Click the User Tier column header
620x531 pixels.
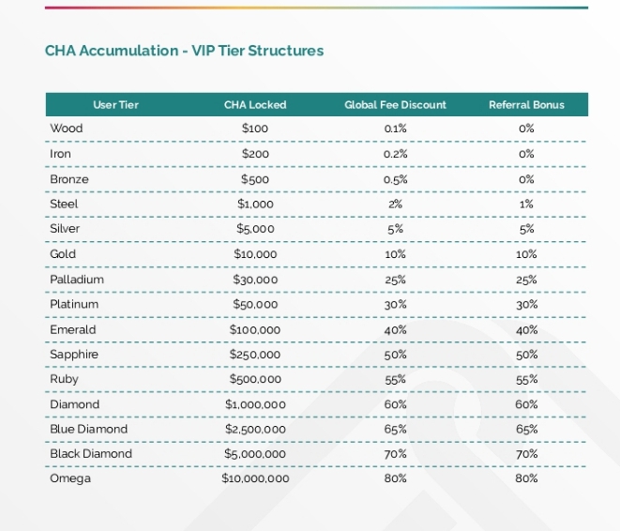click(x=115, y=105)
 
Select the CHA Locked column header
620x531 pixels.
click(x=255, y=105)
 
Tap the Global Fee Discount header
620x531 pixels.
click(x=395, y=105)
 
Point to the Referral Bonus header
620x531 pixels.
click(x=526, y=105)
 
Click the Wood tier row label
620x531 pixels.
click(x=66, y=129)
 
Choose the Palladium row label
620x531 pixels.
click(x=77, y=280)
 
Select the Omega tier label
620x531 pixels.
click(x=70, y=478)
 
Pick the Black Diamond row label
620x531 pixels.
click(x=91, y=454)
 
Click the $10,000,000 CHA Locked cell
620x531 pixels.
click(x=255, y=478)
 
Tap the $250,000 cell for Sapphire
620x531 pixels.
click(x=255, y=355)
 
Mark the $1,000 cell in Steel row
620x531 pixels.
click(x=255, y=204)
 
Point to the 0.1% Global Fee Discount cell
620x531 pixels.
click(x=395, y=129)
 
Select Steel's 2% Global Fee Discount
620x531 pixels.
click(x=395, y=204)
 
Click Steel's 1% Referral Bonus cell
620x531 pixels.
click(x=526, y=204)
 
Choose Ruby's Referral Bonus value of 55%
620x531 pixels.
click(x=526, y=379)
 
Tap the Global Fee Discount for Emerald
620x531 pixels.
click(x=395, y=329)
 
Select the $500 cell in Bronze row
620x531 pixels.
click(x=255, y=179)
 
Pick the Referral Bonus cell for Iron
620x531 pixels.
click(x=526, y=154)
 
